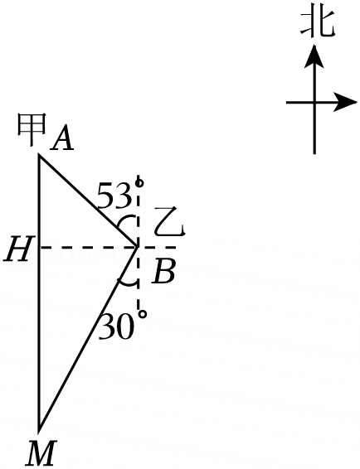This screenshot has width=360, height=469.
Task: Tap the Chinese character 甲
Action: [32, 129]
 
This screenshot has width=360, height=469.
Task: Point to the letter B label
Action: [163, 271]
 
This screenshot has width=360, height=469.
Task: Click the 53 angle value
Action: [114, 196]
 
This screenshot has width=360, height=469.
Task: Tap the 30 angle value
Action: [115, 326]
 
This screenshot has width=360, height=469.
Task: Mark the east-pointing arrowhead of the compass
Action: [345, 102]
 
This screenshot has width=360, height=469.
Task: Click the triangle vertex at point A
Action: [39, 155]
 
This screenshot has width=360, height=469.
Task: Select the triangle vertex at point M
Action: [39, 432]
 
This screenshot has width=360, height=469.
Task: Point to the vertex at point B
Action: [138, 247]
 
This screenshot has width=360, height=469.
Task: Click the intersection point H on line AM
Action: [40, 248]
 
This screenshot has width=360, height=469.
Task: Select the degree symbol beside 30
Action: [143, 314]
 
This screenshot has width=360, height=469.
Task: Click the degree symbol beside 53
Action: [139, 182]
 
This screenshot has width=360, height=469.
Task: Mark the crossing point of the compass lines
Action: [314, 103]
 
